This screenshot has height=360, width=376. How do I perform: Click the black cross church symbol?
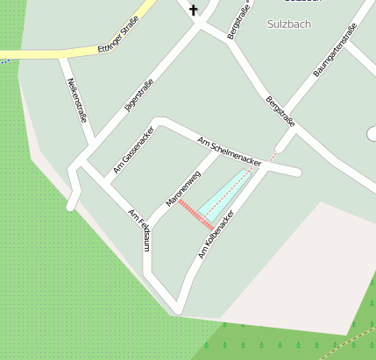pyautogui.click(x=193, y=11)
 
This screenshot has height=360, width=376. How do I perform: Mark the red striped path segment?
pyautogui.click(x=195, y=215)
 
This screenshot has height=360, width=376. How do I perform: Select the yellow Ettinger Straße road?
pyautogui.click(x=53, y=52)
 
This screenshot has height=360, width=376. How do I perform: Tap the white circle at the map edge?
pyautogui.click(x=372, y=134)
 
